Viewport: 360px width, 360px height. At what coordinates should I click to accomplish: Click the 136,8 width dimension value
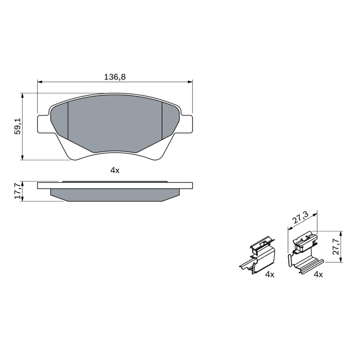click(x=115, y=77)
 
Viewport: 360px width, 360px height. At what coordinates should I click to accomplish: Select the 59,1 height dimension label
click(x=18, y=126)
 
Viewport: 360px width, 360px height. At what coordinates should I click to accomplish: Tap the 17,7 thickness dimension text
click(x=18, y=191)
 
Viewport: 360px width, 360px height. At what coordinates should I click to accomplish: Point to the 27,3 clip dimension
click(x=300, y=218)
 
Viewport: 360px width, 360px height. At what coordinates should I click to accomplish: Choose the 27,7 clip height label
click(x=336, y=246)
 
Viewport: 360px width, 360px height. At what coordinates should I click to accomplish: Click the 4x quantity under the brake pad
click(x=115, y=171)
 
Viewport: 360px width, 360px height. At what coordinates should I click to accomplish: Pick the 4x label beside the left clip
click(x=270, y=274)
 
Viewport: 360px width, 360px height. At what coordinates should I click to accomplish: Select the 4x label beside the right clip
click(x=318, y=274)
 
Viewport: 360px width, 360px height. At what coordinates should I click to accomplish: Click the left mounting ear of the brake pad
click(x=44, y=124)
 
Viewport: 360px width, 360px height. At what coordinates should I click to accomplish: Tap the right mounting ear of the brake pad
click(x=186, y=124)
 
